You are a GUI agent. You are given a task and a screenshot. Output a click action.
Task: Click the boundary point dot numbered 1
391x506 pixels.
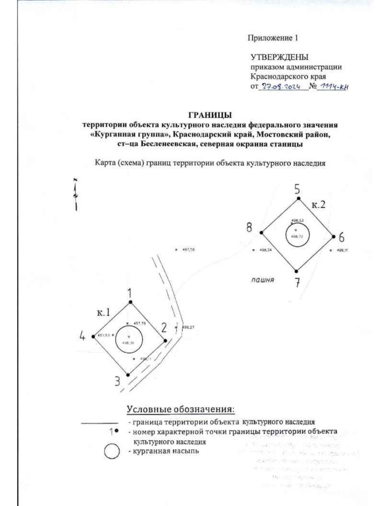(x=131, y=302)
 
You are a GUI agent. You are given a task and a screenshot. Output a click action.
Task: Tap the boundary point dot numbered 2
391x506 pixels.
(x=165, y=341)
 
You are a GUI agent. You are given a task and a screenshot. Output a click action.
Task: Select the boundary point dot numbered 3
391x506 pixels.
(x=128, y=375)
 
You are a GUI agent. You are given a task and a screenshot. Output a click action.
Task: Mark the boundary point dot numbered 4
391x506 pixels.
(x=94, y=336)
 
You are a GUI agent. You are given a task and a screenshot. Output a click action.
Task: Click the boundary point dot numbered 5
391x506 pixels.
(x=298, y=198)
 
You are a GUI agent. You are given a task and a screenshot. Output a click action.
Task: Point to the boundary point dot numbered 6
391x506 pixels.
(x=333, y=237)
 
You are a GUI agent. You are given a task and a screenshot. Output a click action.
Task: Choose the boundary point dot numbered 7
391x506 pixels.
(x=296, y=271)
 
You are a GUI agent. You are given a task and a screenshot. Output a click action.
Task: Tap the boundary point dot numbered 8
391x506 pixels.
(x=261, y=232)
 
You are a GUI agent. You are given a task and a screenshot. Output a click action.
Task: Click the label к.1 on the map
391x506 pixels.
(x=104, y=313)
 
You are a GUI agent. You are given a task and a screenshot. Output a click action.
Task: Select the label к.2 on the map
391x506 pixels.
(x=318, y=205)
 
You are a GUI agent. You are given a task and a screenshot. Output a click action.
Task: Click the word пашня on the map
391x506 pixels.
(x=263, y=280)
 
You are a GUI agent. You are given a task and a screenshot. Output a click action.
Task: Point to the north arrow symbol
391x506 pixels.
(x=76, y=195)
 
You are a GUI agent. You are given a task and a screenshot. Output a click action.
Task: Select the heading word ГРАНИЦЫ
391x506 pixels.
(x=210, y=115)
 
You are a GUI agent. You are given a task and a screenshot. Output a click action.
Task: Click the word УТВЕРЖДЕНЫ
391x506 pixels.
(x=279, y=57)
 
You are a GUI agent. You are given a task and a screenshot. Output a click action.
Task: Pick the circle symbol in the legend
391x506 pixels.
(x=111, y=452)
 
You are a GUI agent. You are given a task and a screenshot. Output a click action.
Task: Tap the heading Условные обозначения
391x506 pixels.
(x=181, y=409)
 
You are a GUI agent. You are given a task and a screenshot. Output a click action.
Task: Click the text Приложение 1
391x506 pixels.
(x=273, y=38)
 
